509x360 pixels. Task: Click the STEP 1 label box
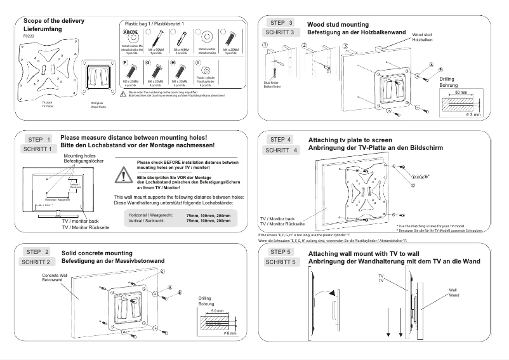pos(39,139)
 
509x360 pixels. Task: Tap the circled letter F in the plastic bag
pos(126,63)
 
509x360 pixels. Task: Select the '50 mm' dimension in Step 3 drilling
pos(461,92)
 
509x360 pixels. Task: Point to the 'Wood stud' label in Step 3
pos(423,34)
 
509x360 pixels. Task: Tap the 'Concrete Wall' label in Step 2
pos(53,275)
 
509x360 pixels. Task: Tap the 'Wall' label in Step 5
pos(453,290)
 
